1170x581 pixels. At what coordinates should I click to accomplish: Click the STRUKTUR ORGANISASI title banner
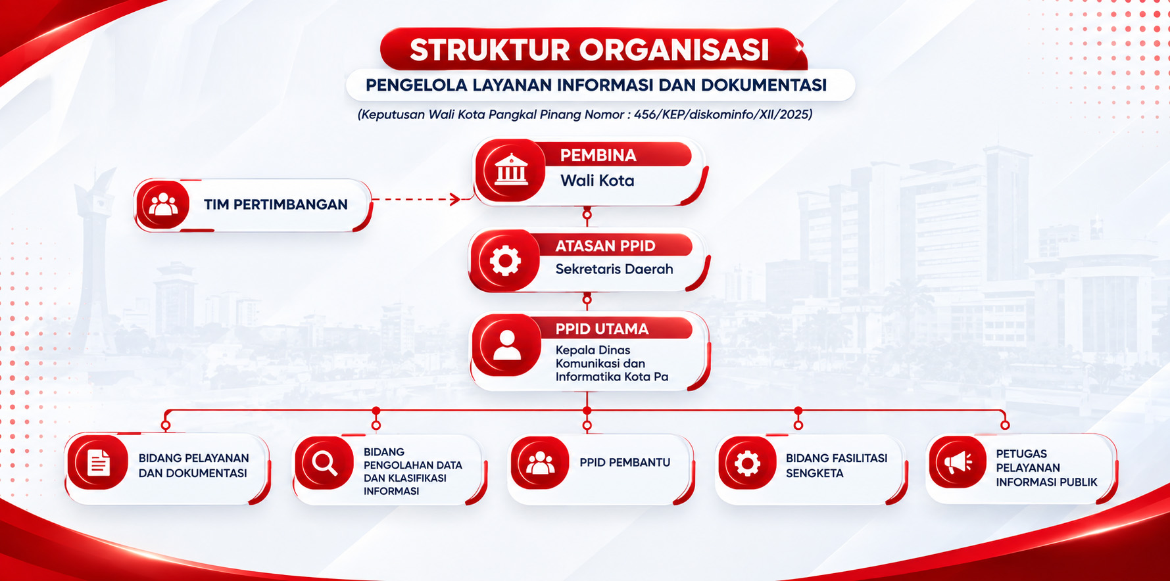coord(592,49)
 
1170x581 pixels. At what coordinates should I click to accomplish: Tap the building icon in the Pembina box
coord(511,170)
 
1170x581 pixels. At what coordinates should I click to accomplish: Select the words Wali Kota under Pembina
coord(597,181)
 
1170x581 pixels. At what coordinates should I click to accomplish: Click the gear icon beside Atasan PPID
coord(505,260)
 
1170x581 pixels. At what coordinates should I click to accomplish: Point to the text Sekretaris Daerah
coord(614,269)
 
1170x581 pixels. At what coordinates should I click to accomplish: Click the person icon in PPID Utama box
coord(507,345)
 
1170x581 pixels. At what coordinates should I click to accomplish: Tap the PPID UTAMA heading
coord(602,329)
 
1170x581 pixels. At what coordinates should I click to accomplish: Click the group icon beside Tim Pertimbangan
coord(163,204)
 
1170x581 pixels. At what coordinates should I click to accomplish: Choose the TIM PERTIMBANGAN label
coord(276,204)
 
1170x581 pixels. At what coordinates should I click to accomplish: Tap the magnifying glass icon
coord(324,463)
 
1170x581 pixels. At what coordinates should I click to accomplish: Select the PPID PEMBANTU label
coord(625,462)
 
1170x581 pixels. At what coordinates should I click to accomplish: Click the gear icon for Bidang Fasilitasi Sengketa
coord(747,463)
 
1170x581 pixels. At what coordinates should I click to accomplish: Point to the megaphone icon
coord(958,463)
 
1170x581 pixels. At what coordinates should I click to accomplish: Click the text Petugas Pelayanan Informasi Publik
coord(1046,468)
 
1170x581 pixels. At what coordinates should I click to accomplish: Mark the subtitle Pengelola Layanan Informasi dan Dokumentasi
coord(596,85)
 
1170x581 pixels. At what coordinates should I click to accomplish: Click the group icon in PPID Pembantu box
coord(540,463)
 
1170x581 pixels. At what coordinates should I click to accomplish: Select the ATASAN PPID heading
coord(605,246)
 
